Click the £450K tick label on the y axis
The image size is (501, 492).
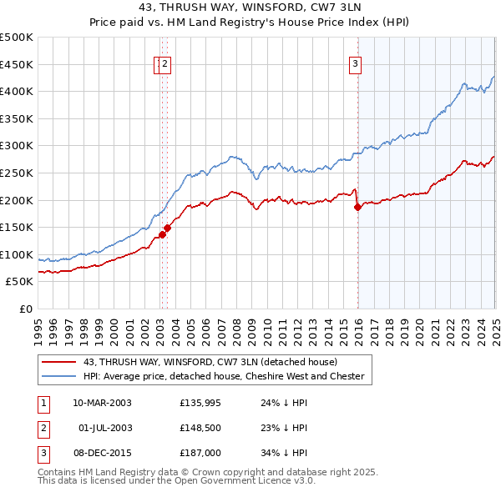pos(17,64)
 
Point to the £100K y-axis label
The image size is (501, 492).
pos(17,254)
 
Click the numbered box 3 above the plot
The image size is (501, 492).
pos(355,63)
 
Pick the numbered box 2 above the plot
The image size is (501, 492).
pos(165,63)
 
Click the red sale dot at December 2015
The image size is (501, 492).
pos(357,207)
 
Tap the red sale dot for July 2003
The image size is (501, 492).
pos(168,227)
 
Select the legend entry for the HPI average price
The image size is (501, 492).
pos(224,376)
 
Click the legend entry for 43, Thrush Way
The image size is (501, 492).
pos(210,362)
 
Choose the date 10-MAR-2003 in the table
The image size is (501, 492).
pos(102,403)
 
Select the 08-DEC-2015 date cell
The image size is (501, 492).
pos(102,453)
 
